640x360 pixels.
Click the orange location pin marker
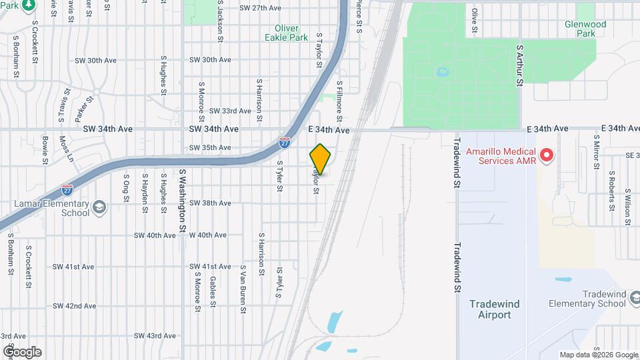point(321,159)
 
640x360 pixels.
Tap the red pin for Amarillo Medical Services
point(547,156)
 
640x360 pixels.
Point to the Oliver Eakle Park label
point(291,33)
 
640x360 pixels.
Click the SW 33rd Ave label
point(229,111)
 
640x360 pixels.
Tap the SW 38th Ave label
point(210,203)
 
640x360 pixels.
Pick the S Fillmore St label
point(339,101)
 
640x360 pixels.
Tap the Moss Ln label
point(65,149)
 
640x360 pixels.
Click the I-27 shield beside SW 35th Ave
point(285,142)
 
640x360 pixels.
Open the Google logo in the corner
point(22,352)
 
